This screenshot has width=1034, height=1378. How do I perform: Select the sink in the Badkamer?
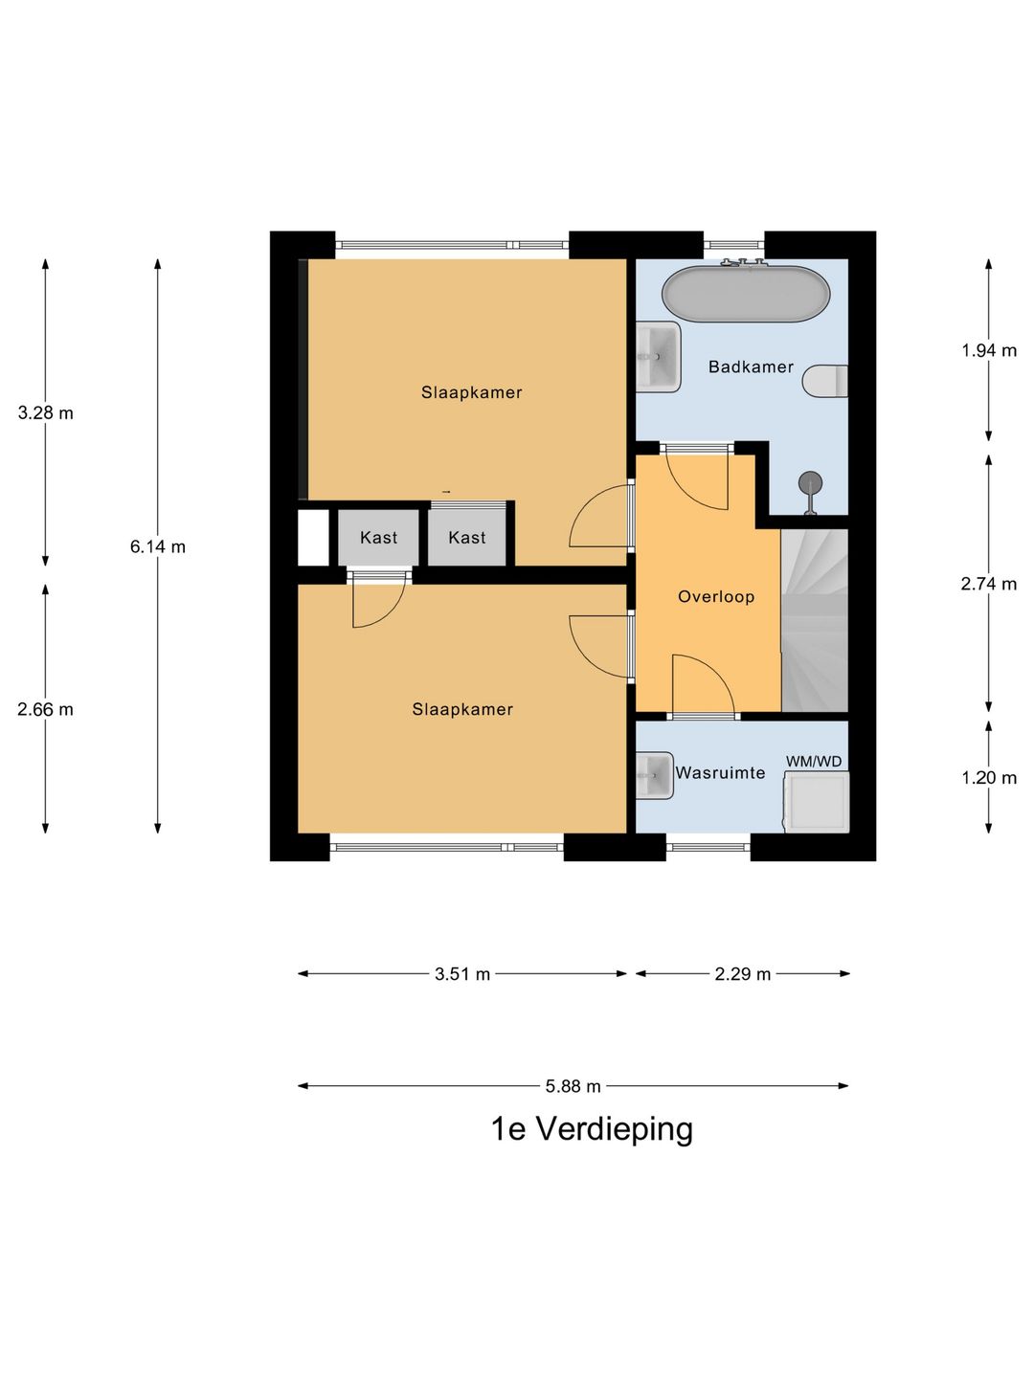coord(658,357)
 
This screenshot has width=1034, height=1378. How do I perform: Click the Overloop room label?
coord(716,596)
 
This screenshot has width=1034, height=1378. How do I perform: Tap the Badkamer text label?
coord(751,367)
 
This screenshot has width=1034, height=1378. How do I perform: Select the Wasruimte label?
coord(720,773)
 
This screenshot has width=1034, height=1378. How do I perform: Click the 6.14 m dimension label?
coord(158,546)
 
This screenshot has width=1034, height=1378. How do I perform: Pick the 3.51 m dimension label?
coord(462,974)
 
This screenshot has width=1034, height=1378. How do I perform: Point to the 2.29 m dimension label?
coord(742,974)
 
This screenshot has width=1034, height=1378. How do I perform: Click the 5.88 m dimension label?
coord(573,1085)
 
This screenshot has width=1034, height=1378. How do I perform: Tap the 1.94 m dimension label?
coord(989,350)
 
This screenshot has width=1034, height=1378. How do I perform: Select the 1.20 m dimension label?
coord(989,778)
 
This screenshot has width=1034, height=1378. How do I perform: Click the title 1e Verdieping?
coord(592,1131)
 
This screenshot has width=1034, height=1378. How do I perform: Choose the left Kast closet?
coord(378,538)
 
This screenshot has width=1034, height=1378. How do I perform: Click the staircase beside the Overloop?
coord(815,620)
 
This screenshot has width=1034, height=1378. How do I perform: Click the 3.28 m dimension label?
coord(45,413)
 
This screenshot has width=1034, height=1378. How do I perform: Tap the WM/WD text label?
coord(814,762)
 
